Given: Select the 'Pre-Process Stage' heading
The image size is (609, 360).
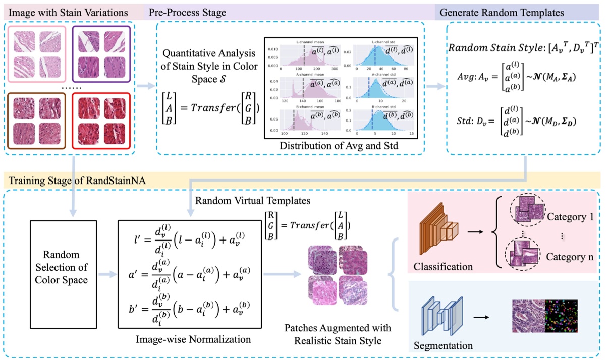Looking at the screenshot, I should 187,11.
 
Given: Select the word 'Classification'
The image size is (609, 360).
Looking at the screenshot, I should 442,266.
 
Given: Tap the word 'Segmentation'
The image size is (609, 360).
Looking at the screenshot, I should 443,346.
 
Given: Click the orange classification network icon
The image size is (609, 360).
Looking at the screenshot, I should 435,232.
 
